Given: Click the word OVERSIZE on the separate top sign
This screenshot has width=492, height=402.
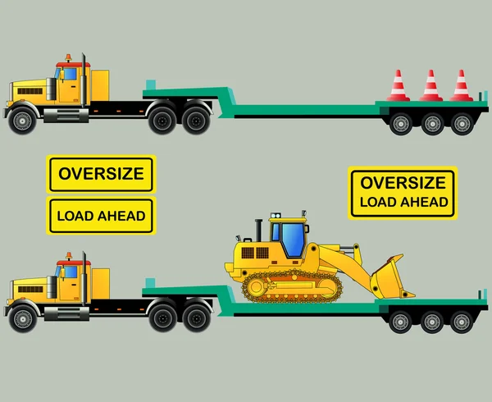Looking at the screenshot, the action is [x=101, y=174].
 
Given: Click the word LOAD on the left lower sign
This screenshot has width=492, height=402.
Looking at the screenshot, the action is [x=75, y=216].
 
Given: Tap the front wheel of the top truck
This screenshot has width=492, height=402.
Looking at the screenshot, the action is [x=22, y=121].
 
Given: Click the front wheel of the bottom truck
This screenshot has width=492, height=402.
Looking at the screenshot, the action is [x=23, y=319].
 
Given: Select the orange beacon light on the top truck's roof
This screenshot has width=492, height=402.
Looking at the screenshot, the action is [x=68, y=58].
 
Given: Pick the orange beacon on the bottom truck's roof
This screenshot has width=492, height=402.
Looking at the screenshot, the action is [x=69, y=256].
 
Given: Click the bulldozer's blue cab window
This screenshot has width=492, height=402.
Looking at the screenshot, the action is [x=293, y=239].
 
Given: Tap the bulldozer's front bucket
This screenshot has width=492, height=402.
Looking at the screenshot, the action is [x=390, y=277].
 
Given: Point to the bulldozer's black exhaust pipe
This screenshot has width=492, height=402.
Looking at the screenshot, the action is [x=258, y=230].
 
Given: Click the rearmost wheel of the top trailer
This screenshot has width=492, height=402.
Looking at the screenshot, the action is [x=462, y=124].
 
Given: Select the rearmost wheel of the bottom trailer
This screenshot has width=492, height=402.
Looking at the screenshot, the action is [x=461, y=322].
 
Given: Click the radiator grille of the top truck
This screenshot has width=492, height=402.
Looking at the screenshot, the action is [x=30, y=91].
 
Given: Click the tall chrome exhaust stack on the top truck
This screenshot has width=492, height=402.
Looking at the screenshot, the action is [x=84, y=80].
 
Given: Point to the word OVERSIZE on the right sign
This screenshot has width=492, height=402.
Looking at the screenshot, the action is [x=403, y=183].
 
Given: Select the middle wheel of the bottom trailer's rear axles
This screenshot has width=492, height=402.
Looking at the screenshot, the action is [x=432, y=322].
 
